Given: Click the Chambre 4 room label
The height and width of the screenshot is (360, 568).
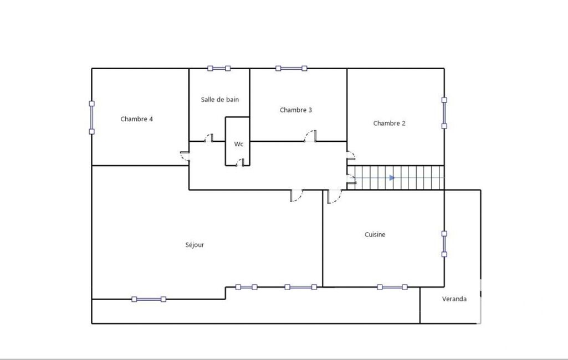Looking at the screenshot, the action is coord(136,119).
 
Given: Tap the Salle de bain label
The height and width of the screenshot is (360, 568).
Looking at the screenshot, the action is coord(220,99).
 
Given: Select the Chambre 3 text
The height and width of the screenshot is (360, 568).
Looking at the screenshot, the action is coord(295,110).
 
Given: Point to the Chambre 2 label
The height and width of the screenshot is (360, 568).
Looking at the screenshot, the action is coord(389,123).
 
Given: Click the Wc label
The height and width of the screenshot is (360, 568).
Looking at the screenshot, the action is coord(238,144).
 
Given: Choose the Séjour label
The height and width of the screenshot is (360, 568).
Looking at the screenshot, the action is coord(195,245).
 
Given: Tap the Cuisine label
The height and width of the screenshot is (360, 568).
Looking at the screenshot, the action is coord(375,234).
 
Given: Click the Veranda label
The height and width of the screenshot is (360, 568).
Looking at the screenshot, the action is coord(454,299).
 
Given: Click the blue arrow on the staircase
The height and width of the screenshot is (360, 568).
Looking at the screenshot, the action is coord(392,178).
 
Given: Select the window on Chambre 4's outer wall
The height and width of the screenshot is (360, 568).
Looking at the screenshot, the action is coord(91,117).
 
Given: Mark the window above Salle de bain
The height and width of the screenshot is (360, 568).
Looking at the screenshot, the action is coord(219,68).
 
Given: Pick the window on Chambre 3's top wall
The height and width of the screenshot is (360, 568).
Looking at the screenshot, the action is coord(291,68).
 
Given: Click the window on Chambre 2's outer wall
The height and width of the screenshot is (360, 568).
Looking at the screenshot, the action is coord(444,112).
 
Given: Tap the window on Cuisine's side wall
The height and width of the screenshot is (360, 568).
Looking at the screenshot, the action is coord(444,244).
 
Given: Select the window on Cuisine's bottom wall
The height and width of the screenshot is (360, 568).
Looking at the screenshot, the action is coord(392,287).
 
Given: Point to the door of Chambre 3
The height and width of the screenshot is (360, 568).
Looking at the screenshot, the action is coord(310,136).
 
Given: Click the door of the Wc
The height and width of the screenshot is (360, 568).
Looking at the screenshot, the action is coord(240,163).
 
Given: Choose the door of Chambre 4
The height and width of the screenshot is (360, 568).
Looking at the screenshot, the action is coord(185,156).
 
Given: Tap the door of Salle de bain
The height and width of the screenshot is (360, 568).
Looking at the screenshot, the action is coord(209,137).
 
